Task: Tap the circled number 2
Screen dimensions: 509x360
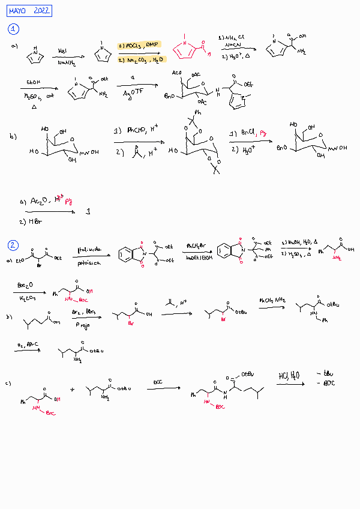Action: click(13, 244)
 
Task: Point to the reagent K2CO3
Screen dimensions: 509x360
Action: click(26, 299)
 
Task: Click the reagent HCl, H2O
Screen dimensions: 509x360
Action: click(289, 376)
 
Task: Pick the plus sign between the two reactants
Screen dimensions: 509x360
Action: click(72, 390)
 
